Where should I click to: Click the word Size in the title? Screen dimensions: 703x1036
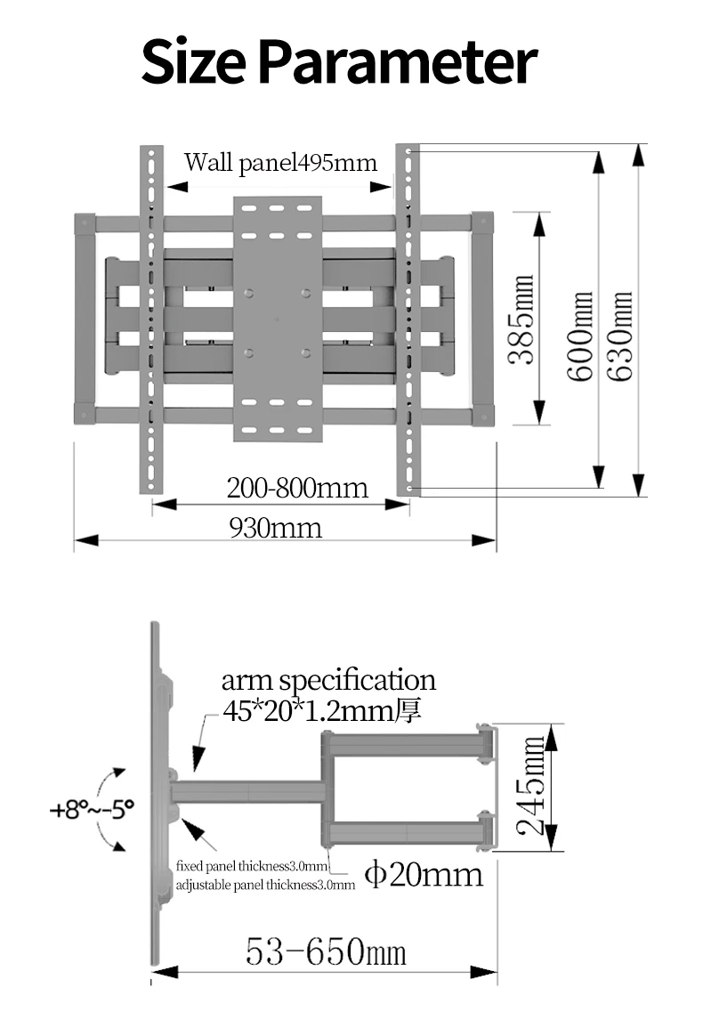pos(193,62)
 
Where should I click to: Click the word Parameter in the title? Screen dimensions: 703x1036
pos(397,62)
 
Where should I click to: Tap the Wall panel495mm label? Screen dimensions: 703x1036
pos(280,163)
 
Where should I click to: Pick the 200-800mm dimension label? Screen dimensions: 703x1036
pos(297,489)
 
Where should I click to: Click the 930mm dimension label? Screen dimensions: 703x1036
pos(276,528)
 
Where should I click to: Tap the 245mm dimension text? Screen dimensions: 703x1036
pos(530,786)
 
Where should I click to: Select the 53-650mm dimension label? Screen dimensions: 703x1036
pos(326,951)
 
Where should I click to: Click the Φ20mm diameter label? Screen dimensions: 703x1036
pos(424,874)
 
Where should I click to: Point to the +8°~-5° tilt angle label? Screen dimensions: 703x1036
pos(92,809)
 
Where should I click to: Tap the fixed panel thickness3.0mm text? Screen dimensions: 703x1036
pos(252,866)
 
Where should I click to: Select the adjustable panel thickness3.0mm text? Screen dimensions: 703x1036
pos(265,885)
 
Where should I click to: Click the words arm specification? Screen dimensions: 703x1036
pos(328,681)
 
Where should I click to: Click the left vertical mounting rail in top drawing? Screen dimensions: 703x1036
pos(151,320)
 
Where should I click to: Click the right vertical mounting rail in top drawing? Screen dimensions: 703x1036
pos(408,320)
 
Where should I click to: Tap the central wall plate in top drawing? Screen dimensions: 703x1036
pos(278,320)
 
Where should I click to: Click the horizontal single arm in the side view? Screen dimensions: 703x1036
pos(248,792)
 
